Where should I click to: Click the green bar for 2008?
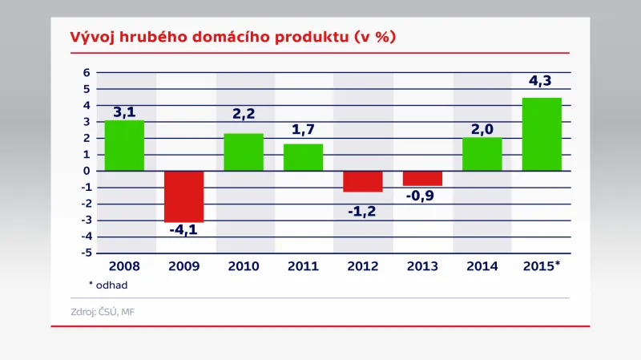click(x=124, y=145)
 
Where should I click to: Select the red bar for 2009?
click(x=184, y=196)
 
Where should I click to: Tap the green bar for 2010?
click(x=244, y=152)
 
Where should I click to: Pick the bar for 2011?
click(x=303, y=157)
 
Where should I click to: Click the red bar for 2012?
click(x=363, y=181)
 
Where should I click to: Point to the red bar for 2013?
click(x=422, y=178)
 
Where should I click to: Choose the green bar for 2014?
click(x=482, y=154)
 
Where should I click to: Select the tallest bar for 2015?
click(x=542, y=134)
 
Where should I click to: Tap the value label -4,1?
click(x=184, y=230)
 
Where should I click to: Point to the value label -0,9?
click(x=422, y=196)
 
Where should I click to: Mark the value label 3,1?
click(x=124, y=111)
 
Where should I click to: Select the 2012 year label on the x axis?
click(x=363, y=266)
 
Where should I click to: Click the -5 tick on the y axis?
click(x=85, y=253)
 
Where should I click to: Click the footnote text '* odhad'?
click(x=108, y=284)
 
